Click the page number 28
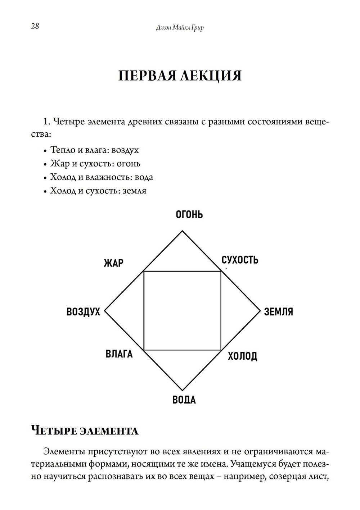click(x=35, y=26)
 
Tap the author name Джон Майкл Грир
click(x=180, y=27)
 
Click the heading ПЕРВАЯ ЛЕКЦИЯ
click(x=180, y=76)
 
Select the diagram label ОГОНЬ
click(x=189, y=215)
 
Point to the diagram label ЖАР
click(x=113, y=263)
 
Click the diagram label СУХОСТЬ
click(x=240, y=260)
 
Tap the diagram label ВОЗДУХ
click(x=83, y=311)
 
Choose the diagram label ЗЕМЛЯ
click(x=279, y=311)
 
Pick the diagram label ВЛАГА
click(x=119, y=354)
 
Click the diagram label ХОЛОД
click(x=243, y=356)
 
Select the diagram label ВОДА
click(x=184, y=400)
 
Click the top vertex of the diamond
click(x=182, y=231)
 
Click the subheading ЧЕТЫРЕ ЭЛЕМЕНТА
click(x=85, y=431)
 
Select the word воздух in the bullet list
click(x=125, y=150)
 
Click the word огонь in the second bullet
click(x=129, y=164)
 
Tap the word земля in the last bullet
click(x=134, y=191)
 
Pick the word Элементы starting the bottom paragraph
click(x=64, y=452)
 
